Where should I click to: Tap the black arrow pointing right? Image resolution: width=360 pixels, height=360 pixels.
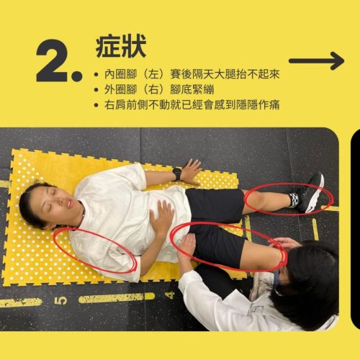316,61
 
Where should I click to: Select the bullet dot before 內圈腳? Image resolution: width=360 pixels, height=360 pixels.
96,75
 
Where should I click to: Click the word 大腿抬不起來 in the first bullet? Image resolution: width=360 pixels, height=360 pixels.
246,74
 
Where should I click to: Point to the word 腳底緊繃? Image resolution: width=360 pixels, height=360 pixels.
192,90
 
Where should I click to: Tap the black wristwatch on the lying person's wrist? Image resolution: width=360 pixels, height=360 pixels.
177,174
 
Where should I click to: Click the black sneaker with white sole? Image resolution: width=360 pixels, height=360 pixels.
311,193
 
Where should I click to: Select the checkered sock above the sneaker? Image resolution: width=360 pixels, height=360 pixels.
294,199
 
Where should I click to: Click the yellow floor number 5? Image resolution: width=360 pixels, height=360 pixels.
60,301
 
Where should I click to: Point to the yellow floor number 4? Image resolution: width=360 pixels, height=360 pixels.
170,295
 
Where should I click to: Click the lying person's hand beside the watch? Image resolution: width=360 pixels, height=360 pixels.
192,171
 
